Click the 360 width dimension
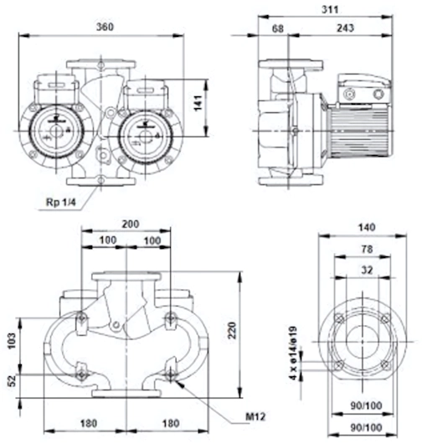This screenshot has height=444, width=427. [x=105, y=27]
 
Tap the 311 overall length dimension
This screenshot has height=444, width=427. [x=330, y=9]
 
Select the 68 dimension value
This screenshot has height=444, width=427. [x=278, y=28]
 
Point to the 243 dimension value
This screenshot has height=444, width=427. [x=345, y=28]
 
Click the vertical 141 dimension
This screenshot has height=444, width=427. [x=198, y=103]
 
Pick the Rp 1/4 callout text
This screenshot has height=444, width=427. [x=61, y=202]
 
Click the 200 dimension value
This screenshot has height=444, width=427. [x=131, y=224]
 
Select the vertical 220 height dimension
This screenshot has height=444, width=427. [x=232, y=330]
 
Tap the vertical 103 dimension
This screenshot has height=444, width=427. [x=12, y=341]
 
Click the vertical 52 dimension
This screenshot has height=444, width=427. [x=12, y=381]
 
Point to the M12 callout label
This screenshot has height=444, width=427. [x=255, y=416]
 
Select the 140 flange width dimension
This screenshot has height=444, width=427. [x=367, y=227]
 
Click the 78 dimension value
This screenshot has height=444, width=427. [x=367, y=249]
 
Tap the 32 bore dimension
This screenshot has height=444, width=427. [x=367, y=270]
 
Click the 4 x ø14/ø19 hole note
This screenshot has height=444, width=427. [x=293, y=353]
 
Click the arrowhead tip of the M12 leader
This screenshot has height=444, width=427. [x=176, y=380]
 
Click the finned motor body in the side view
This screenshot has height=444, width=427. [x=360, y=132]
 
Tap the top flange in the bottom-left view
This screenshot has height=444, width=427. [x=126, y=276]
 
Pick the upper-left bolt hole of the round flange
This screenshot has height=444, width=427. [x=340, y=319]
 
